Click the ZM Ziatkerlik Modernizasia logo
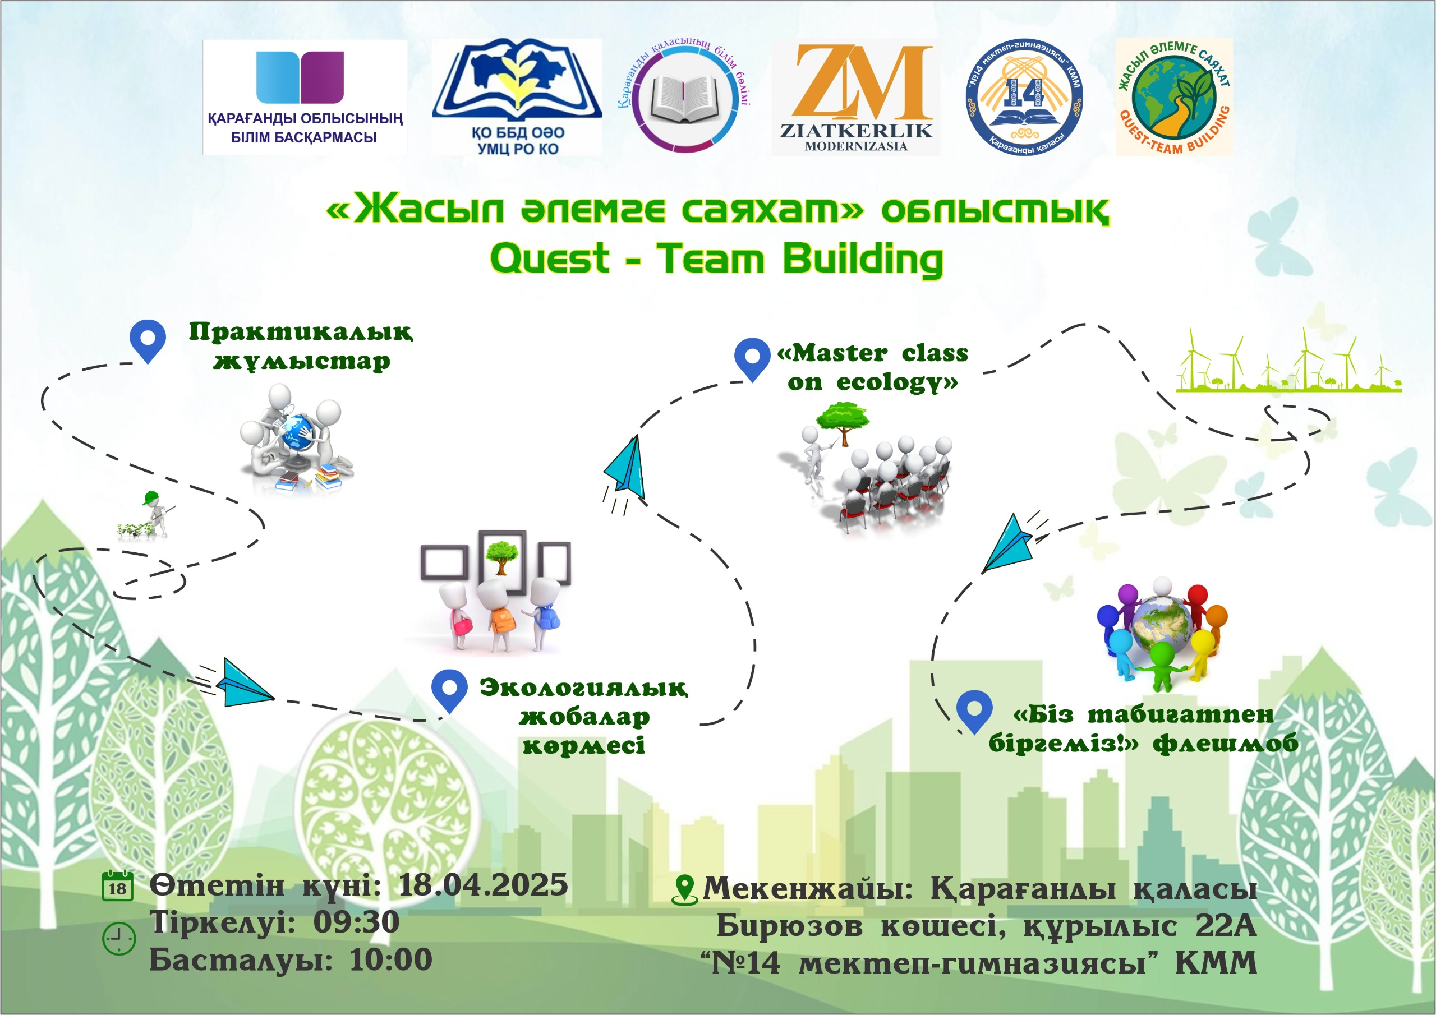tap(855, 97)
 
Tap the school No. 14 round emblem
tap(1024, 98)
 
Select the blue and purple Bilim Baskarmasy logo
tap(305, 96)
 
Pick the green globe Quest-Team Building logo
tap(1174, 97)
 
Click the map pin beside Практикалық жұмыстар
tap(148, 340)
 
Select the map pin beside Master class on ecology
tap(752, 358)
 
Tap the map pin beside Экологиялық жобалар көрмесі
tap(449, 689)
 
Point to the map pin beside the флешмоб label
tap(974, 710)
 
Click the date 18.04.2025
tap(483, 885)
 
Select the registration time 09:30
tap(356, 922)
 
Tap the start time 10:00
tap(391, 959)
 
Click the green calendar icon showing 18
tap(118, 885)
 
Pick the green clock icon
tap(118, 938)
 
